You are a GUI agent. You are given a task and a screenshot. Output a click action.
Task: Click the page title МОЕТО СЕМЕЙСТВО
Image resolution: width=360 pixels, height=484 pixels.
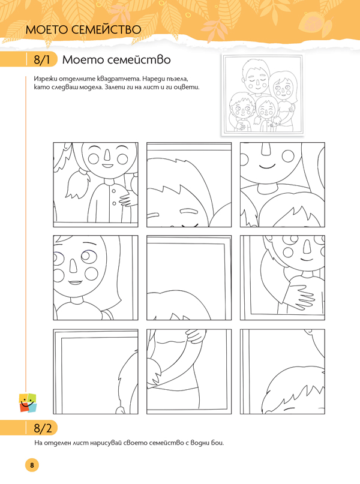pos(83,29)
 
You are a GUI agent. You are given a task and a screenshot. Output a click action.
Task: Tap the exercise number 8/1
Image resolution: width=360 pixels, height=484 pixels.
pos(41,59)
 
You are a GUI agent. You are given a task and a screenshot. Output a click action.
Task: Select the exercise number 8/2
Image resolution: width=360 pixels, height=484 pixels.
pos(43,428)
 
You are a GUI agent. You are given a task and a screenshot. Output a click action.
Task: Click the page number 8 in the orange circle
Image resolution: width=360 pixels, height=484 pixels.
pos(32,465)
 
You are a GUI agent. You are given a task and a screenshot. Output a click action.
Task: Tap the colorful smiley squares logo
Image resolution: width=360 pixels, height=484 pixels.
pos(28,403)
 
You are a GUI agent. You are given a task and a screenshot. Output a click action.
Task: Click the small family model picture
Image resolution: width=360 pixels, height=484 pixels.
pos(262,95)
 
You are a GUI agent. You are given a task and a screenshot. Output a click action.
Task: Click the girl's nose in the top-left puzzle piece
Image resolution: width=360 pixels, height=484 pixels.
pos(107,154)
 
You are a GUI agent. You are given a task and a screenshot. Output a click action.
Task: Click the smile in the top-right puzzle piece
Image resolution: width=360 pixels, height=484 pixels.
pos(267,167)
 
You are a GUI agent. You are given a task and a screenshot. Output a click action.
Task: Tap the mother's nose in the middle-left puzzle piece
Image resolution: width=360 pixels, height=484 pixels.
pos(73,266)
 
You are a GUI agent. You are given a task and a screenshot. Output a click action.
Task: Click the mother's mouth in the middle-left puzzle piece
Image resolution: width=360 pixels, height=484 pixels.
pos(75,282)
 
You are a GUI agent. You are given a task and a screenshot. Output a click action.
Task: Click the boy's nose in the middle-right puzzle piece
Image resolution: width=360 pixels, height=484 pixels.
pos(307,246)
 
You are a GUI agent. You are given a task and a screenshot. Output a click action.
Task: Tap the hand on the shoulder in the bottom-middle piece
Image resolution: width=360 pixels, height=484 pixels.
pos(195,336)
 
